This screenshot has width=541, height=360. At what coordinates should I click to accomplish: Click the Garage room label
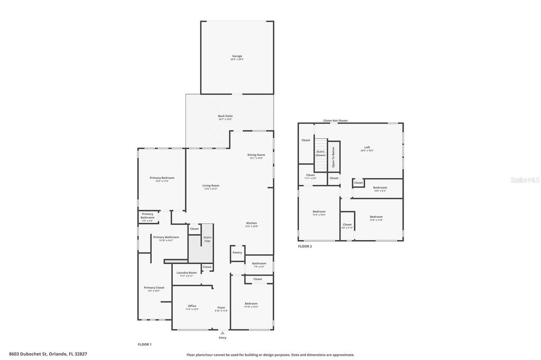[x=237, y=56]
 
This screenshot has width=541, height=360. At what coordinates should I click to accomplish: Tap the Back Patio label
[x=226, y=116]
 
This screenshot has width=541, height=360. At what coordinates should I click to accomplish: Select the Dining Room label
[x=256, y=155]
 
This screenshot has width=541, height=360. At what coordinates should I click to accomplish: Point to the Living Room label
[x=211, y=186]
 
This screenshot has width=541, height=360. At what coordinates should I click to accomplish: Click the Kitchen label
[x=251, y=223]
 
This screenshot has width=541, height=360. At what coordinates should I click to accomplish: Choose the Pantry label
[x=237, y=252]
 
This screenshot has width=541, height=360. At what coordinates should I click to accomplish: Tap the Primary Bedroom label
[x=162, y=178]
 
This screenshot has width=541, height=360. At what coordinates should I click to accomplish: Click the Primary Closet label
[x=154, y=288]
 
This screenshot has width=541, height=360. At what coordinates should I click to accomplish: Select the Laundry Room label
[x=186, y=273]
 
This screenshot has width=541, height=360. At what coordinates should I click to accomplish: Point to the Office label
[x=192, y=306]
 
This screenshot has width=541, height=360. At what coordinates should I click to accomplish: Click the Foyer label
[x=221, y=307]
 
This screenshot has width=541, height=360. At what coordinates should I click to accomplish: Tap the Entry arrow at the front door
[x=222, y=333]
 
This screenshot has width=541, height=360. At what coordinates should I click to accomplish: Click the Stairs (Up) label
[x=208, y=239]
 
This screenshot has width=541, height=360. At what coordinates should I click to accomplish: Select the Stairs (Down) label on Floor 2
[x=321, y=153]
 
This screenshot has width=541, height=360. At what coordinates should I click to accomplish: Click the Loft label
[x=367, y=148]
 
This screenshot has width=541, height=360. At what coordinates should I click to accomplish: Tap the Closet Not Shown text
[x=335, y=121]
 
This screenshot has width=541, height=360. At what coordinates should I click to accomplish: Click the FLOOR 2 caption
[x=305, y=247]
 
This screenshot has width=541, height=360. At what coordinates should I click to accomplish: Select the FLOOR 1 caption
[x=144, y=344]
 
